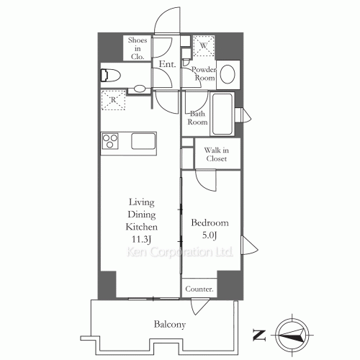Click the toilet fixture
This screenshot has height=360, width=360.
coord(110,76)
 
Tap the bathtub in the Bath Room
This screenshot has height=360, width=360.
coord(222,114)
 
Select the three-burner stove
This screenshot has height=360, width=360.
coord(110,141)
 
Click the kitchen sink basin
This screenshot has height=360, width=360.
coord(143,141)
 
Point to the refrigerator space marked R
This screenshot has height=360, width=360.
coord(113,100)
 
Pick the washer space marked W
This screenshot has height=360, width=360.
coord(204,46)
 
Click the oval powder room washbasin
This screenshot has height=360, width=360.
coord(228,74)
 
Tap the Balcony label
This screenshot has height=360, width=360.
coord(170,325)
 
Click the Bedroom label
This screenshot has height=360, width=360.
coord(210,222)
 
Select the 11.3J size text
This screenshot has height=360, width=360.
coord(142,239)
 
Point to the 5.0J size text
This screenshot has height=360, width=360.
coord(210,235)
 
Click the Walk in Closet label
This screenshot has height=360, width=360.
coord(216,154)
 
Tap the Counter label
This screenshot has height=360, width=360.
coord(199,289)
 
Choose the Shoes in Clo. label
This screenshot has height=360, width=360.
coord(138,48)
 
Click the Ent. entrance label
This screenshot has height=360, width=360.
coord(167,64)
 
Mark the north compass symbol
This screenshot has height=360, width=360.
coord(292,335)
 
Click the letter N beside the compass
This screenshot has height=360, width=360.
coord(259,335)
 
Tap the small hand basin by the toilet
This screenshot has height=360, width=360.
coord(140,89)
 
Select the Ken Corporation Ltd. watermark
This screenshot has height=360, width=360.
coord(179,252)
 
